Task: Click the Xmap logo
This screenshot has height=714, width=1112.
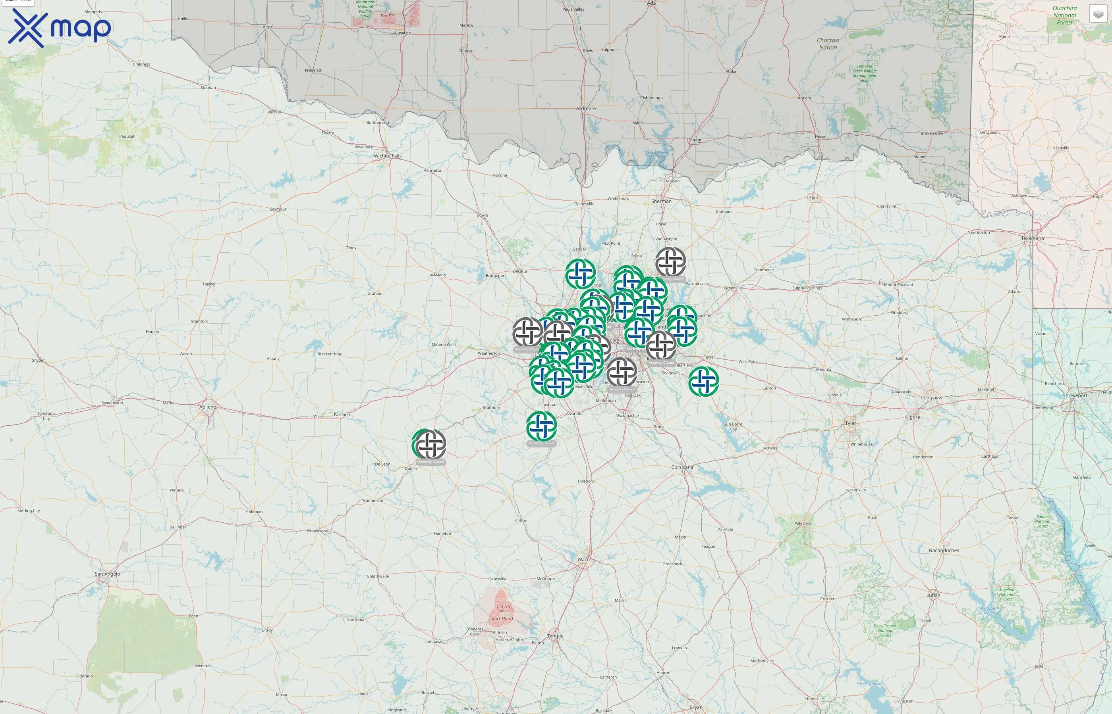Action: (x=60, y=28)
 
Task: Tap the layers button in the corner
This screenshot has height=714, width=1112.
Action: (x=1098, y=14)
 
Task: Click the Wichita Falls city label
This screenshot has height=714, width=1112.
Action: (x=388, y=156)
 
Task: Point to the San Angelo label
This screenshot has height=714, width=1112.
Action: (x=107, y=574)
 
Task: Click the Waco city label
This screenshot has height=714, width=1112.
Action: (x=583, y=560)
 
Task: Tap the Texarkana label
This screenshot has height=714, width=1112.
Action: (x=1032, y=238)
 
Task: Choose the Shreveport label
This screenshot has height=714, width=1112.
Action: (x=1075, y=395)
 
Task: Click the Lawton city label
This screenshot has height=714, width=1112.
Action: (x=403, y=33)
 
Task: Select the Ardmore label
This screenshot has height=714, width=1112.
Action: (x=586, y=109)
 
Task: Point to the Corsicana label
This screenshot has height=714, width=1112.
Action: (x=682, y=467)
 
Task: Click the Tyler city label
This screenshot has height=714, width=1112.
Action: (x=850, y=423)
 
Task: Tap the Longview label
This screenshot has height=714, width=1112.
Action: (x=931, y=398)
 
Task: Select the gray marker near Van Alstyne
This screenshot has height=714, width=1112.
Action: (x=670, y=262)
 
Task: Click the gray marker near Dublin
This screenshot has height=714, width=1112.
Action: (x=431, y=444)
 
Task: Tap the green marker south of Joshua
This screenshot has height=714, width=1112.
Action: (x=541, y=426)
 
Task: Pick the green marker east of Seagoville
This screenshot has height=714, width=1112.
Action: (x=703, y=381)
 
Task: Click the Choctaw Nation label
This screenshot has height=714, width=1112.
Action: (x=828, y=44)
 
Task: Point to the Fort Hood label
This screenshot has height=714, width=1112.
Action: (x=502, y=618)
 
